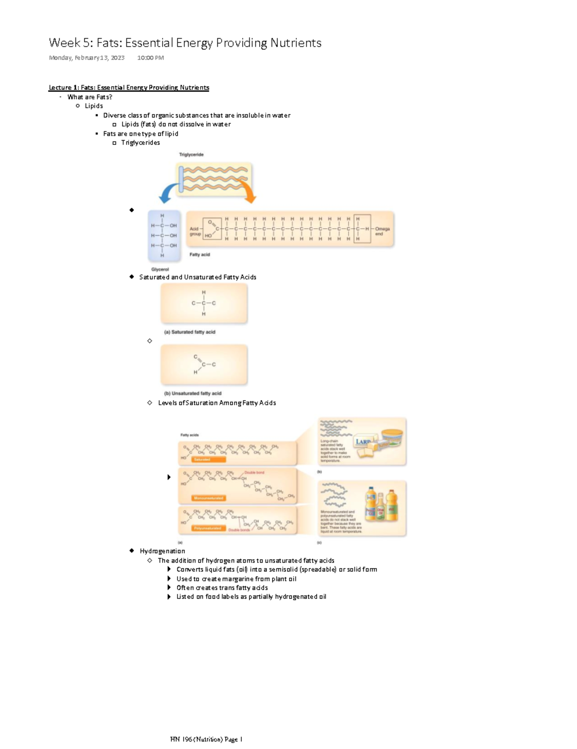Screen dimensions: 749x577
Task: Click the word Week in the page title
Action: point(64,43)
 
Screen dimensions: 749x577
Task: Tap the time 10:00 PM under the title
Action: point(150,58)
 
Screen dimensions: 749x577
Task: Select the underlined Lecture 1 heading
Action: point(128,88)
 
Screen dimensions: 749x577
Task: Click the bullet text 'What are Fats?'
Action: point(89,97)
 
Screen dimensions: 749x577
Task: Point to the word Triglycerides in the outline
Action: point(140,142)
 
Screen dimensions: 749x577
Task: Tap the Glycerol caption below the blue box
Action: point(160,270)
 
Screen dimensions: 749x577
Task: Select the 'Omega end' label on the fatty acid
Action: point(382,232)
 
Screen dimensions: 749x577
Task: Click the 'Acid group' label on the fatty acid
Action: point(195,232)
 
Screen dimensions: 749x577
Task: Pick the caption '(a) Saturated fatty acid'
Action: point(189,332)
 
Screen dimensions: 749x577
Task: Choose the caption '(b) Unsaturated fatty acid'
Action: point(192,393)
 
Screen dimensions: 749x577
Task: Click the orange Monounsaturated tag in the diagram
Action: point(208,498)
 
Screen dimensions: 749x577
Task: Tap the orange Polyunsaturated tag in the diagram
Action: point(208,529)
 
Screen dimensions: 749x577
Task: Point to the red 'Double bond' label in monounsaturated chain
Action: point(254,473)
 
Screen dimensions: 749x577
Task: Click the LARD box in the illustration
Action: point(364,442)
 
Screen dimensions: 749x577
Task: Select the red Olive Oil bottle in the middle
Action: point(380,507)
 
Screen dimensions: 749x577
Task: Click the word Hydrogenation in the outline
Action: point(162,551)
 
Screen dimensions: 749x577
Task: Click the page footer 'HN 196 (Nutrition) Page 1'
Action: point(206,739)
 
